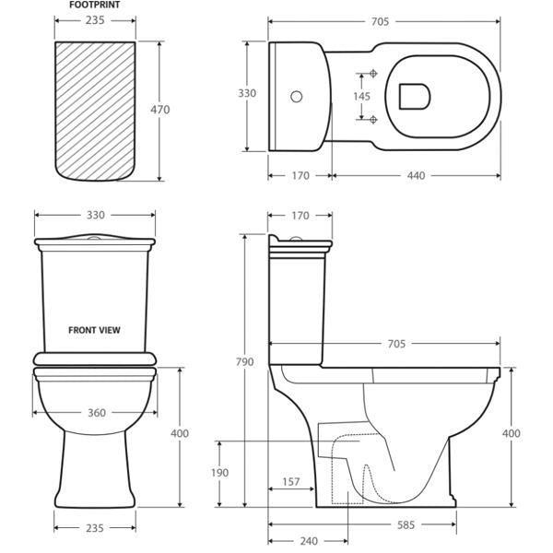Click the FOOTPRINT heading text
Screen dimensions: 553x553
tap(94, 6)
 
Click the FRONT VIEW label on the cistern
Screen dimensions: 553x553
tap(94, 328)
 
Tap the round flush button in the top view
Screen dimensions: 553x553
tap(297, 96)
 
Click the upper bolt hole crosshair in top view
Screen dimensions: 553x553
tap(372, 73)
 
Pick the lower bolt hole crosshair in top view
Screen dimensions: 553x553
tap(372, 119)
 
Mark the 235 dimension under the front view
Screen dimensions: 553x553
tap(95, 528)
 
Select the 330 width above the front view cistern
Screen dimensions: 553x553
tap(95, 214)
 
